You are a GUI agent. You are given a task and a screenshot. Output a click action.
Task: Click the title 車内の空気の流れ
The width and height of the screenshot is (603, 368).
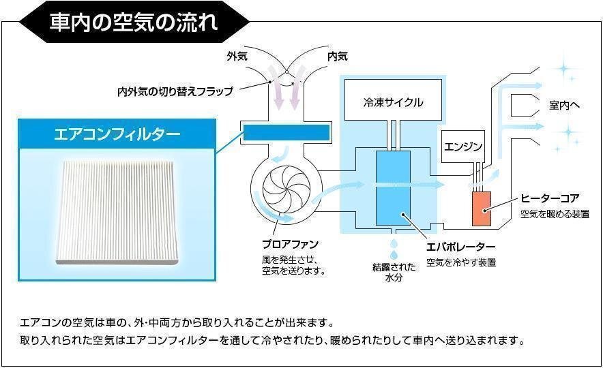pos(134,22)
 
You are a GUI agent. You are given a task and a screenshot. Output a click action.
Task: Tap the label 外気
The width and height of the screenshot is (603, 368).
pos(237,57)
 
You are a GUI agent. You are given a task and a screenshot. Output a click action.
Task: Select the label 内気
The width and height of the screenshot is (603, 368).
pos(337,57)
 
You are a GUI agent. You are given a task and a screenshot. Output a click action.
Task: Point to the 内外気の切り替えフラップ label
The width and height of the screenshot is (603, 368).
pos(175,91)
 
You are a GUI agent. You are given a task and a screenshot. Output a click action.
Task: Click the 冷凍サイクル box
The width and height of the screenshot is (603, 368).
pos(393,100)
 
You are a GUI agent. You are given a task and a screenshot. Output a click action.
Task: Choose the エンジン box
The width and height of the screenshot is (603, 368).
pos(463,147)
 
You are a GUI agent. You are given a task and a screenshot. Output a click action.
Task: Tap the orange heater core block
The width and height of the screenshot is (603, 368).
pos(482,209)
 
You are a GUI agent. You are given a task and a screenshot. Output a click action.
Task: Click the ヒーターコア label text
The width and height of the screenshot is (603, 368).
pos(550,198)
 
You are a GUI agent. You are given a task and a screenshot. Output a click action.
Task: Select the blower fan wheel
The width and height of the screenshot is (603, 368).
pos(286,189)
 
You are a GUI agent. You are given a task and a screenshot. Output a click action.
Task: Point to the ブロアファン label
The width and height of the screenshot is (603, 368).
pos(290,244)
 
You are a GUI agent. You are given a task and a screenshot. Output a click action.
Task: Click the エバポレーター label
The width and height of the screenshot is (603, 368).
pos(460,247)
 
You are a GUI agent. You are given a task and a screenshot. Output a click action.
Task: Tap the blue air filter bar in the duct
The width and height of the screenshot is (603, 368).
pos(286,132)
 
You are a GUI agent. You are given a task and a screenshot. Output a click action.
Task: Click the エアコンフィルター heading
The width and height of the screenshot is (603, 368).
pos(117,134)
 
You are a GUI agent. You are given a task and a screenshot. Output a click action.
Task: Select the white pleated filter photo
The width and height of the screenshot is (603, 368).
pos(117,213)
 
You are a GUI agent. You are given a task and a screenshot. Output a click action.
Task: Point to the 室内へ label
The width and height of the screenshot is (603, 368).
pos(564,105)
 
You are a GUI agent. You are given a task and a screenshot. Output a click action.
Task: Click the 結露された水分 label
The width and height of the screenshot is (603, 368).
pos(394,272)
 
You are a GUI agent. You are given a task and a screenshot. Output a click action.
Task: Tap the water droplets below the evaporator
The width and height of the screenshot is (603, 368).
pos(394,249)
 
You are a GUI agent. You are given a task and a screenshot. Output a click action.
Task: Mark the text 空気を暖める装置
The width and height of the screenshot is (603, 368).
pos(555,214)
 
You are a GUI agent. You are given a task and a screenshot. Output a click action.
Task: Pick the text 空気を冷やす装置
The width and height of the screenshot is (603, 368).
pos(460,263)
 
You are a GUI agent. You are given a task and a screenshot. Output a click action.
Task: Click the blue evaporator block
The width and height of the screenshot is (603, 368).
pos(393,188)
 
